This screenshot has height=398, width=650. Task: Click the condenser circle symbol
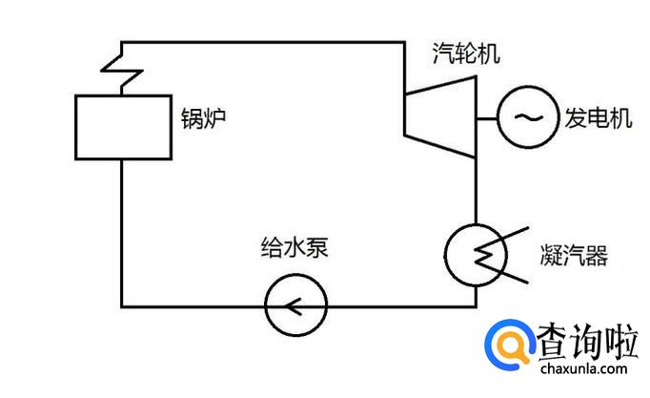[x=474, y=252]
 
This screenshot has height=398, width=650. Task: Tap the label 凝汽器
[x=572, y=256]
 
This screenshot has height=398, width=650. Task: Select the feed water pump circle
[x=295, y=306]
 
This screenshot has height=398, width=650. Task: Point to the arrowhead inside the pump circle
[x=291, y=306]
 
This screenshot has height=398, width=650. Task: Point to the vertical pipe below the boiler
[x=121, y=234]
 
